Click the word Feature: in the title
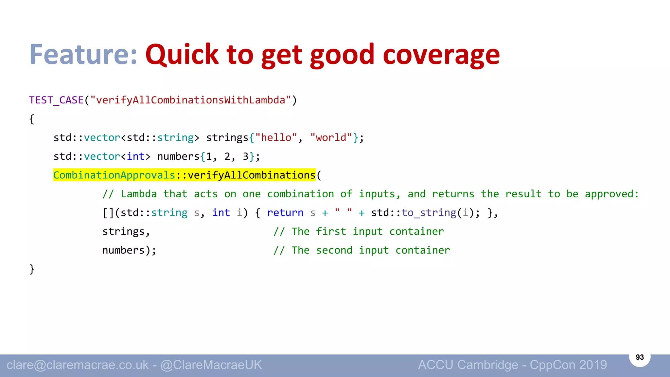83,54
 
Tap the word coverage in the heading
441,55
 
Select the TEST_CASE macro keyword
56,100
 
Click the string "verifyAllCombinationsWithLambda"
190,100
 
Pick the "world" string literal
331,138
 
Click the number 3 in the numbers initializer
246,156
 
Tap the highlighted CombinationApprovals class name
114,175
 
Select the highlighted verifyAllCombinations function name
251,175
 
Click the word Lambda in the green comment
139,194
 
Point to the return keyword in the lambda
285,213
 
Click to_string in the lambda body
429,213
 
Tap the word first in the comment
331,232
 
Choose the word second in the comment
334,250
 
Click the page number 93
640,357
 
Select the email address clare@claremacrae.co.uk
78,365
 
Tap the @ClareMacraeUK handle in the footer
211,365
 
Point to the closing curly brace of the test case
32,269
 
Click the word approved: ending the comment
612,194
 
